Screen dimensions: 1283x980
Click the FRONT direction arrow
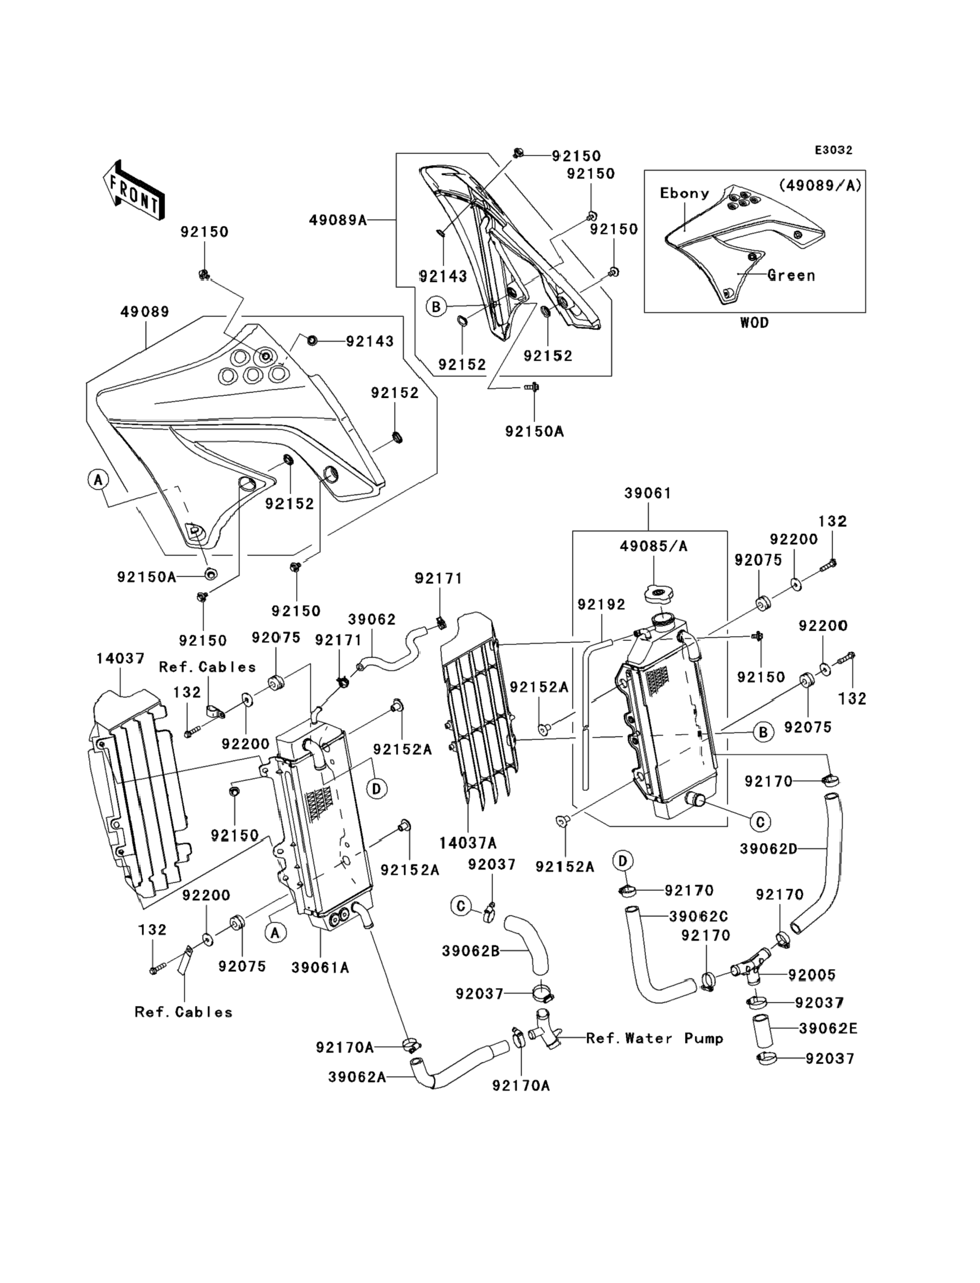134,190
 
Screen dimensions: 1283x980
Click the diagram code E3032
833,150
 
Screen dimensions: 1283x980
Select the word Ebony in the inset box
684,193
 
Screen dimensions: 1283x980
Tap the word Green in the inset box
790,275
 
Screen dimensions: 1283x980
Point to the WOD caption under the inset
753,323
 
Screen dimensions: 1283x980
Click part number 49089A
338,220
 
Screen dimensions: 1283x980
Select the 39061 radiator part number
648,493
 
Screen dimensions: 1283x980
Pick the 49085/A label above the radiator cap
654,546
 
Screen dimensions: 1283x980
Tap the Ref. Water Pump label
654,1038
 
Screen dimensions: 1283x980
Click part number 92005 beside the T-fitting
812,974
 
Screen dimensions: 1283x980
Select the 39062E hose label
828,1028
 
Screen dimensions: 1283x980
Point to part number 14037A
468,842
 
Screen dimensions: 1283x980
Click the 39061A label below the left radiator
321,967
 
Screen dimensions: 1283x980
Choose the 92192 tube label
601,604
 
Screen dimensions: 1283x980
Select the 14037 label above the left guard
120,658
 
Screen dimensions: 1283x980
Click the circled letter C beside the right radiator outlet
760,822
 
